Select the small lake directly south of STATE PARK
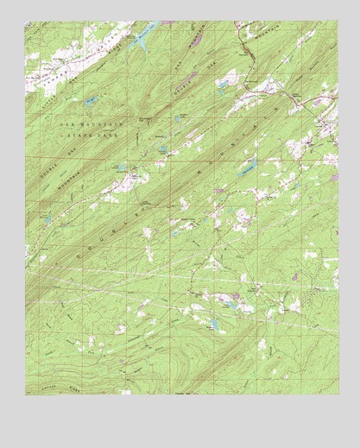[x=122, y=165]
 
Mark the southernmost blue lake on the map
[x=212, y=325]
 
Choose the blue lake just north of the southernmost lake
[x=227, y=301]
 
